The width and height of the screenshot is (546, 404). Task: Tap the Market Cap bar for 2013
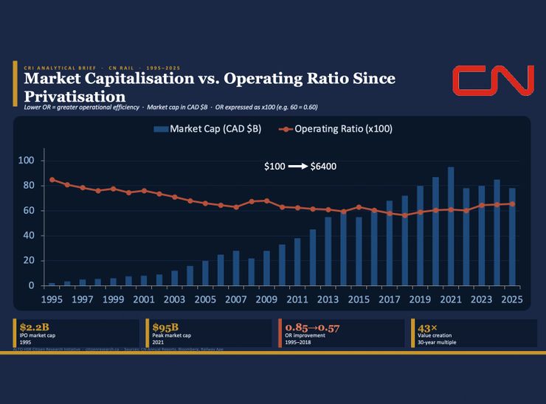(x=328, y=251)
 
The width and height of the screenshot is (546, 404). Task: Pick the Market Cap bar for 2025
(x=512, y=237)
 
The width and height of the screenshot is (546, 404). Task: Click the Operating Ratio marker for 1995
(x=52, y=180)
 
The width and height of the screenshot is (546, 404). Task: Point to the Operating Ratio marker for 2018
(x=404, y=215)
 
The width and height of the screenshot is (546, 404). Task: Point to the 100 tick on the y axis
(x=27, y=161)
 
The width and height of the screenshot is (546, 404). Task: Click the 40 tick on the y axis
(x=30, y=236)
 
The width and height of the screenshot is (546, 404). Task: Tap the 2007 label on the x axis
(x=235, y=300)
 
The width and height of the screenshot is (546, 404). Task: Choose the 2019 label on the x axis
(x=420, y=300)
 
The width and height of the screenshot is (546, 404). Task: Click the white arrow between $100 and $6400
(x=297, y=167)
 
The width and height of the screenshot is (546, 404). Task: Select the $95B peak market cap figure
(x=161, y=327)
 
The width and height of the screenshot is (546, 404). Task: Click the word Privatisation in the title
(x=75, y=97)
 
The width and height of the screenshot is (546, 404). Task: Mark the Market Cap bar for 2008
(x=251, y=272)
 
